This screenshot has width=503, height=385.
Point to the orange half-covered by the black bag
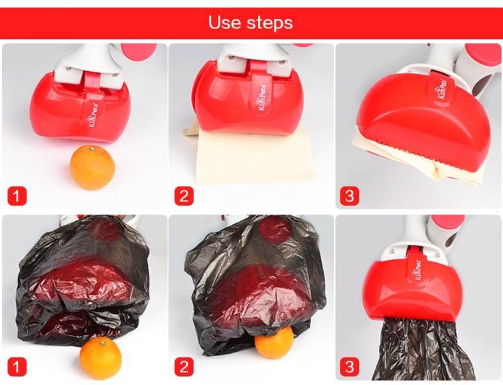click(274, 341)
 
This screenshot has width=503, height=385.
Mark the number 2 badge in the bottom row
click(183, 366)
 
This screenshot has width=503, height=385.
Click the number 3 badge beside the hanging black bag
click(349, 366)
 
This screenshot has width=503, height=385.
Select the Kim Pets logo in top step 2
click(262, 96)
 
